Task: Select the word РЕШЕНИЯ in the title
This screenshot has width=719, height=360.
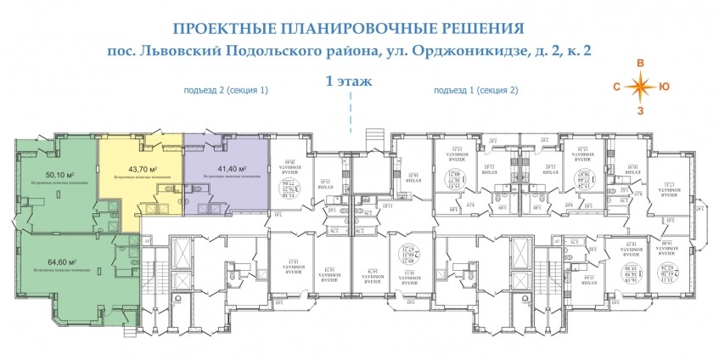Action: pos(478,28)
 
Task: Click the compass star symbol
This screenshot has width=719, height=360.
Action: pos(642,85)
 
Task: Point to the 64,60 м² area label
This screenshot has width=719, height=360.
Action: pos(61,262)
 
